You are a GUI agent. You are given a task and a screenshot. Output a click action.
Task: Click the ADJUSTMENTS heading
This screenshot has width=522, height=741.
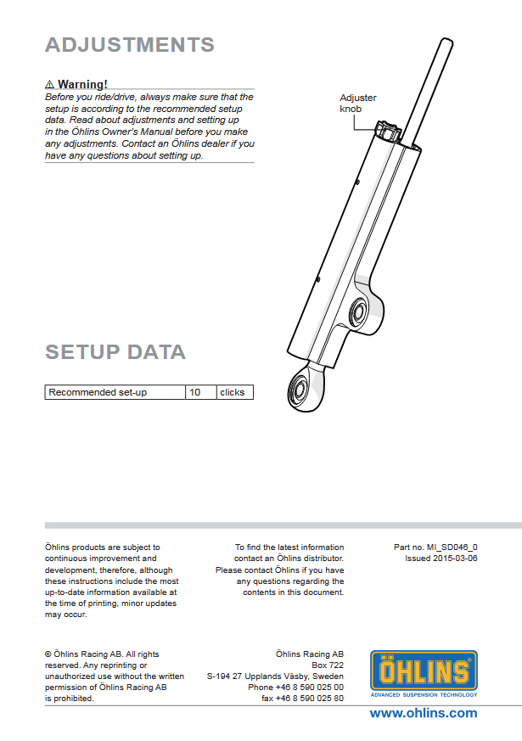click(129, 45)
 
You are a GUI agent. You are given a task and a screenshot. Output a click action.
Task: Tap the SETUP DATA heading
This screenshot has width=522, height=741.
click(115, 351)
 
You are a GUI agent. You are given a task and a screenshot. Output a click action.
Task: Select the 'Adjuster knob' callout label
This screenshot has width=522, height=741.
click(357, 103)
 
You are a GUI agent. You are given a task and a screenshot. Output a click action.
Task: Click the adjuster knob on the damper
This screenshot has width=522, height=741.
click(390, 132)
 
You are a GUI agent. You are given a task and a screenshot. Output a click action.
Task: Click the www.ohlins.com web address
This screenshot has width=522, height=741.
click(423, 713)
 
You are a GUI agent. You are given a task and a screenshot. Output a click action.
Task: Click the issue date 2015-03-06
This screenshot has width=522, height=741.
click(441, 559)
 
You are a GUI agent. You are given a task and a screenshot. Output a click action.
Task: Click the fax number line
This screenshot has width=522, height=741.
click(302, 698)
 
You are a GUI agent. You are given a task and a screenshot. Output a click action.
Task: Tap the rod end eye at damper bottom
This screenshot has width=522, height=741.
click(300, 389)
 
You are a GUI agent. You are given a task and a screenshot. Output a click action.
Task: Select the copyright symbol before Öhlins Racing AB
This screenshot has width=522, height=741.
click(48, 654)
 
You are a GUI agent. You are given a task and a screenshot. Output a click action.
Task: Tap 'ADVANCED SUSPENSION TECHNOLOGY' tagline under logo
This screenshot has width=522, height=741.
click(424, 694)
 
